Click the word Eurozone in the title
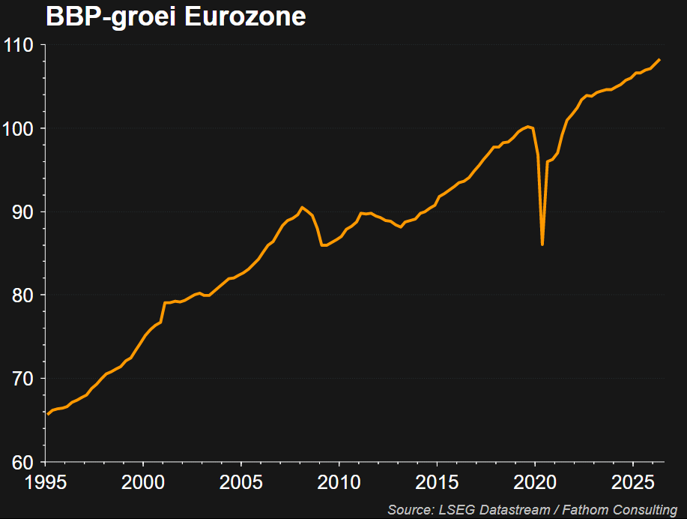[x=246, y=16]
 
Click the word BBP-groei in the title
[x=111, y=17]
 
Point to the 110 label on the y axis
[x=19, y=45]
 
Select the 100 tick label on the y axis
[x=19, y=128]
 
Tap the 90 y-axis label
[x=22, y=212]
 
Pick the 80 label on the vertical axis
[x=22, y=295]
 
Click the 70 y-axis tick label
[x=22, y=379]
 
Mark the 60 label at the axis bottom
[x=22, y=463]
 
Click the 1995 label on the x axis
[x=46, y=482]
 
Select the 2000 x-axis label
[x=143, y=482]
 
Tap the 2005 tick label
[x=241, y=482]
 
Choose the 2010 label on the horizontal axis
[x=339, y=482]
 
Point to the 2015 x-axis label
[x=437, y=482]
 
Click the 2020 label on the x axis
[x=535, y=482]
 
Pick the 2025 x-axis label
[x=632, y=482]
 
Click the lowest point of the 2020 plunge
[x=542, y=244]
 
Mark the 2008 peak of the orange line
[x=303, y=207]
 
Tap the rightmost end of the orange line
[x=660, y=60]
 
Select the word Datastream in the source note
[x=515, y=510]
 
